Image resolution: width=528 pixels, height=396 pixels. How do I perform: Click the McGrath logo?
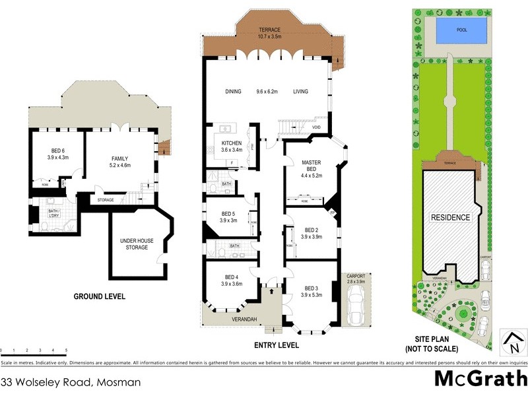coord(480,379)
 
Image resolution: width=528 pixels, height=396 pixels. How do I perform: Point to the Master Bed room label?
coord(311,166)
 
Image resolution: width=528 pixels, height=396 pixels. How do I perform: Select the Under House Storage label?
coord(137,244)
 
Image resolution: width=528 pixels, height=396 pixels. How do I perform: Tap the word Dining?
coord(233,92)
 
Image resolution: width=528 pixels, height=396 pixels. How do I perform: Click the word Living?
coord(302,92)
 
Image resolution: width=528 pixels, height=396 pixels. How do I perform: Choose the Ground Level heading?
coord(99,296)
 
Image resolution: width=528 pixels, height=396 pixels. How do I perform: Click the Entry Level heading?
coord(277,345)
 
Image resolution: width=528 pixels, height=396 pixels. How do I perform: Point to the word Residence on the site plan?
coord(451,217)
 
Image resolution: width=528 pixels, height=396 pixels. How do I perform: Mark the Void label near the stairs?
coord(316,127)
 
